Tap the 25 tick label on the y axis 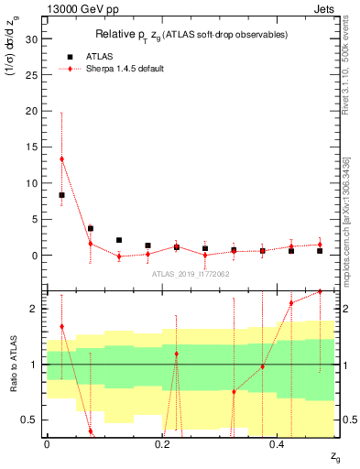(x=30, y=75)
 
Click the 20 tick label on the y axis (x=30, y=111)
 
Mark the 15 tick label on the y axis (x=30, y=147)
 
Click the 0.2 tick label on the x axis (x=161, y=446)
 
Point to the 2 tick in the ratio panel (x=33, y=309)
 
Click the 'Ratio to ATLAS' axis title (x=12, y=365)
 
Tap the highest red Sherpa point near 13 (x=61, y=159)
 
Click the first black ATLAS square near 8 (x=61, y=195)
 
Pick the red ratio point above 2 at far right (x=320, y=292)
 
